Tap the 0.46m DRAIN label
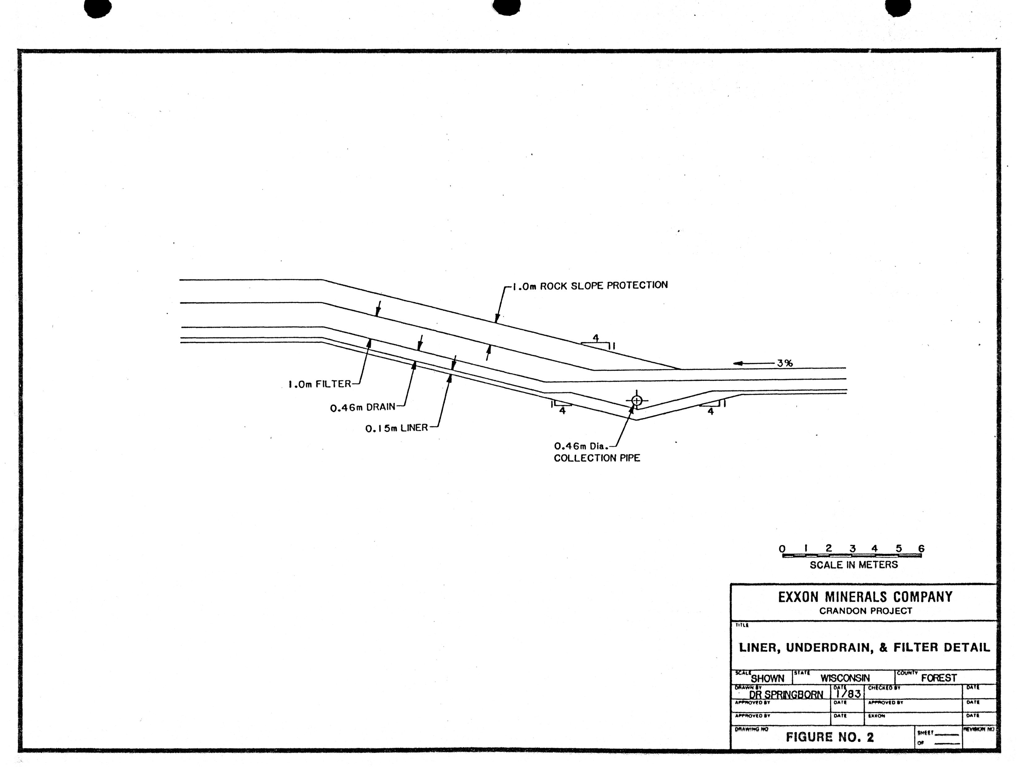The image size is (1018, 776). (363, 407)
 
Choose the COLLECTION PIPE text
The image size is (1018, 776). (597, 458)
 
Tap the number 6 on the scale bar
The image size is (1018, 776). (921, 549)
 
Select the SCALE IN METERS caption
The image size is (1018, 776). (853, 564)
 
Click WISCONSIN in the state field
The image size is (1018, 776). (845, 678)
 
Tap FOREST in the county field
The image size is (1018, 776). (939, 678)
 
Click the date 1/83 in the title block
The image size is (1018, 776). (849, 694)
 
